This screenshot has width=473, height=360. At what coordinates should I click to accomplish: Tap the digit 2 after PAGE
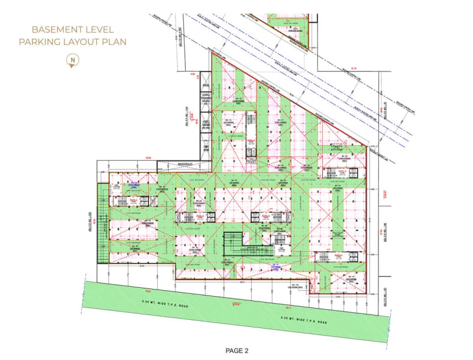pyautogui.click(x=247, y=351)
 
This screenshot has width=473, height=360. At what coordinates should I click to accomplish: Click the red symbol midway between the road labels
pyautogui.click(x=237, y=304)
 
